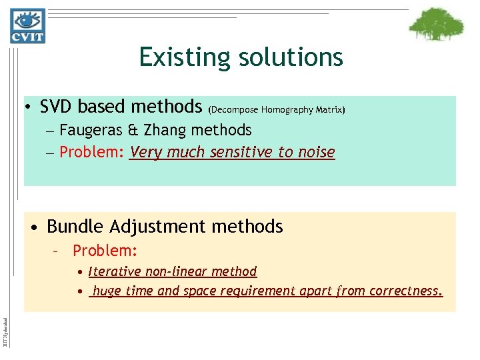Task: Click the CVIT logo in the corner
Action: coord(27,25)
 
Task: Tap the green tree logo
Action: coord(436,25)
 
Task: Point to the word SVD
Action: coord(55,107)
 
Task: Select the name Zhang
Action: coord(155,130)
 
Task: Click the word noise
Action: coord(315,152)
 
